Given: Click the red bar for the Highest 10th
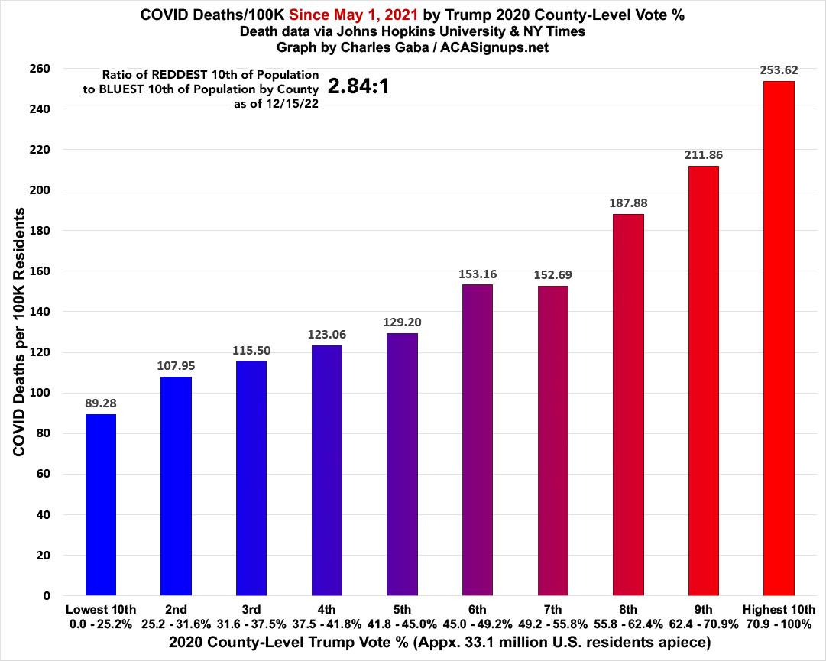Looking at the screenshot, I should click(779, 338).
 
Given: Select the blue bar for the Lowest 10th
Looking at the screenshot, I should click(101, 504).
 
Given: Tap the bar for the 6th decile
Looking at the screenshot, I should click(478, 439).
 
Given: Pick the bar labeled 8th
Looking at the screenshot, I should click(628, 404).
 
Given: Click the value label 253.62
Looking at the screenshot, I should click(779, 70).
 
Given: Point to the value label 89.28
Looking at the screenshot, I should click(101, 403).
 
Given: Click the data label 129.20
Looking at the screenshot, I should click(402, 322).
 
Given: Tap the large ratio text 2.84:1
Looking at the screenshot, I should click(359, 86).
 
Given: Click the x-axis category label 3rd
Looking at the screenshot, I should click(251, 609).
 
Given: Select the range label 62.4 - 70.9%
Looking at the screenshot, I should click(704, 623).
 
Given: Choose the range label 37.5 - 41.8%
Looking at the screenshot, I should click(327, 623).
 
